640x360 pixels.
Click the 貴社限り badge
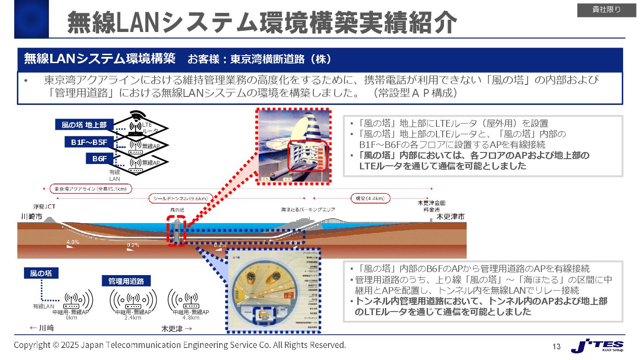click(x=607, y=10)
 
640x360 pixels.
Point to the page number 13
click(x=556, y=347)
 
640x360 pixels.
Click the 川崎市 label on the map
click(x=32, y=217)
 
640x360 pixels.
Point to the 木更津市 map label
click(x=450, y=217)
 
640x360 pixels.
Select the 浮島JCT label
click(x=44, y=207)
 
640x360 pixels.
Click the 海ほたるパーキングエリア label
click(x=308, y=209)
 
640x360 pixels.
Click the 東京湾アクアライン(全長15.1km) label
click(x=91, y=188)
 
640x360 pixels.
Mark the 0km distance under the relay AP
click(x=71, y=318)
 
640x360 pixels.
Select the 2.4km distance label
click(x=132, y=318)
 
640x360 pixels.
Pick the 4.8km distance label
click(x=191, y=318)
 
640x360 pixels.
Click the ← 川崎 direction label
click(x=41, y=328)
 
